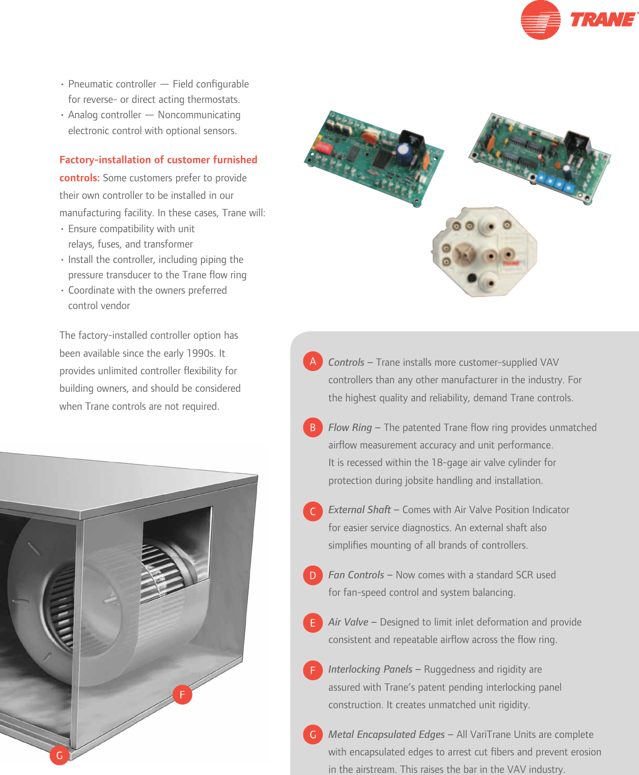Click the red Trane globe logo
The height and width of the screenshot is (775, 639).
click(x=540, y=20)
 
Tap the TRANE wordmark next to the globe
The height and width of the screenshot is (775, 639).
click(x=603, y=20)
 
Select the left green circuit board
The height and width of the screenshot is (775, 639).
click(x=374, y=157)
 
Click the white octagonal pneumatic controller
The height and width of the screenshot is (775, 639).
click(x=484, y=251)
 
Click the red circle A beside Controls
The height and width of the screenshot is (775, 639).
click(x=313, y=362)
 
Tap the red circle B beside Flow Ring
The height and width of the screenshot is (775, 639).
click(x=313, y=428)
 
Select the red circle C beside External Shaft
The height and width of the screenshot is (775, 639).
click(x=313, y=511)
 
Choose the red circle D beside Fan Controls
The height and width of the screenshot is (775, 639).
click(x=313, y=576)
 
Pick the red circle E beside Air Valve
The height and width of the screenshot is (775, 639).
click(x=313, y=623)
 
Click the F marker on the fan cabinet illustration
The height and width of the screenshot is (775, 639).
click(x=182, y=694)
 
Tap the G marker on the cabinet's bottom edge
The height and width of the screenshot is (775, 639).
click(x=59, y=755)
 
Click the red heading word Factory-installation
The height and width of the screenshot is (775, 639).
click(x=105, y=160)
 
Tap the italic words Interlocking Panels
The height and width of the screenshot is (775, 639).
click(x=370, y=670)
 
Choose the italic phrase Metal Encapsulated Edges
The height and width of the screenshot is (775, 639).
click(x=386, y=735)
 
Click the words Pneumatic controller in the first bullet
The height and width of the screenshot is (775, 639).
click(x=112, y=84)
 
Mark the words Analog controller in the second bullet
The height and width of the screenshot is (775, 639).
click(x=104, y=115)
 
